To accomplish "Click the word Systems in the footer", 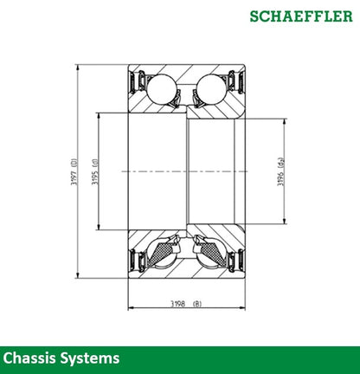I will point(91,358).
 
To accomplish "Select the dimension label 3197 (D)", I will point(75,172).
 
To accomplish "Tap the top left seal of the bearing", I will point(135,86).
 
